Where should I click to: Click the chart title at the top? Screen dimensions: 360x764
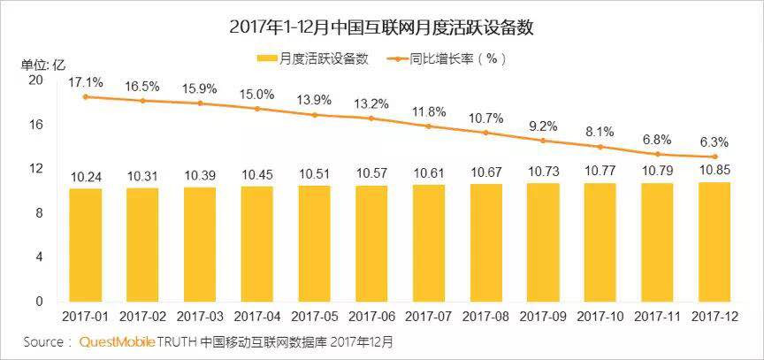[381, 27]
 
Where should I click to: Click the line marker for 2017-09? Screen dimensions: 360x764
[543, 141]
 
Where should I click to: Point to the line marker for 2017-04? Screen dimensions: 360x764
[257, 109]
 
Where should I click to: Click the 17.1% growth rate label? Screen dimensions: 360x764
[86, 82]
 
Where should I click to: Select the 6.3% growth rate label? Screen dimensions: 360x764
[714, 142]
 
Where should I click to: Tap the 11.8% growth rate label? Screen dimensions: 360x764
[429, 111]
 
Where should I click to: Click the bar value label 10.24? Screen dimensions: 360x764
[86, 177]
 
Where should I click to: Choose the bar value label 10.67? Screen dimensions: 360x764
[485, 172]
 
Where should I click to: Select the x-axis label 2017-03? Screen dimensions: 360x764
[200, 316]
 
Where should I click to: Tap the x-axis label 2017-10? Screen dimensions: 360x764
[600, 316]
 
